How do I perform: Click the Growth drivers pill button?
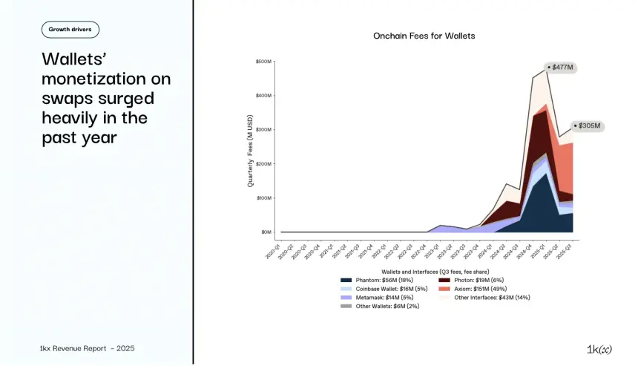click(x=70, y=30)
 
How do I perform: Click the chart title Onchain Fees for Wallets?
click(x=424, y=36)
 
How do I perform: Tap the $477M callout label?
click(x=562, y=68)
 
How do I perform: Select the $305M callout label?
click(x=588, y=126)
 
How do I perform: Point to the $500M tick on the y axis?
click(x=263, y=62)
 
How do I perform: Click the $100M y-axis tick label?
click(x=263, y=198)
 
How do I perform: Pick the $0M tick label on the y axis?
click(x=266, y=232)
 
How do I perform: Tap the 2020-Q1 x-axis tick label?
click(x=276, y=248)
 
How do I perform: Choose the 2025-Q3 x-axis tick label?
click(x=568, y=248)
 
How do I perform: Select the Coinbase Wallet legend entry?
click(x=379, y=289)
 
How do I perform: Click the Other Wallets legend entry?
click(x=377, y=307)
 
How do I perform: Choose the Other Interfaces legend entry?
click(x=482, y=298)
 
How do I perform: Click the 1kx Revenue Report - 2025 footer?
click(x=87, y=348)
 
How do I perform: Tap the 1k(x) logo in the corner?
click(x=599, y=348)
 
